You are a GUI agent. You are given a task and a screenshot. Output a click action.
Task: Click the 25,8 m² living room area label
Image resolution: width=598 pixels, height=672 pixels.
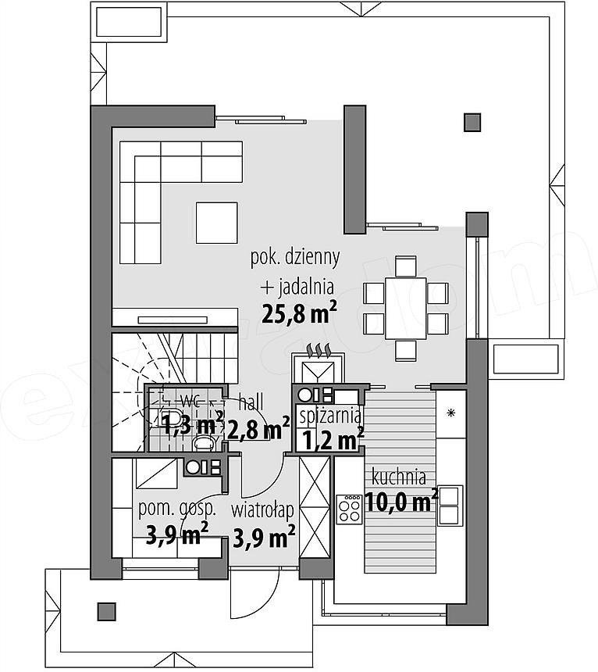click(299, 313)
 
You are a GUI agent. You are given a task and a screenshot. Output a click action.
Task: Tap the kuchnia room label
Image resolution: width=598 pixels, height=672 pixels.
click(398, 477)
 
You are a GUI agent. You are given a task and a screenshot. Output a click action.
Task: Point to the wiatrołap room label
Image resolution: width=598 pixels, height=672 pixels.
click(262, 510)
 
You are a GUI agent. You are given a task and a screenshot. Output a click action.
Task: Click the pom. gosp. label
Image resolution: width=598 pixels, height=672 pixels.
click(176, 509)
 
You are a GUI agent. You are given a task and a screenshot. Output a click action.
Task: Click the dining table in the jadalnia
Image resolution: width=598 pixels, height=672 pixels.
click(405, 308)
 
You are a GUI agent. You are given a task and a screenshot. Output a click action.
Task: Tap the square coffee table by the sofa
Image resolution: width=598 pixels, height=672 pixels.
click(216, 223)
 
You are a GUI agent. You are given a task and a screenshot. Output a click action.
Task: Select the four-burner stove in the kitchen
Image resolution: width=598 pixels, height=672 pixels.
click(349, 509)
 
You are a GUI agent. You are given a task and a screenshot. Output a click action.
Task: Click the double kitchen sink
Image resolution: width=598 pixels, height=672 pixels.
click(450, 506)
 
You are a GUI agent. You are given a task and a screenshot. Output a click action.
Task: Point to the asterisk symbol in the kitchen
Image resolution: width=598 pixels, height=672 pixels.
click(450, 413)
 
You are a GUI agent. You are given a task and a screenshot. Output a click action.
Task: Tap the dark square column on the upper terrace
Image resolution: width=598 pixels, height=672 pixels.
click(472, 122)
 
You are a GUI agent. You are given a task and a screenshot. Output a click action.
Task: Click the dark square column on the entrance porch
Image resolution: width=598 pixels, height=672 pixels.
click(107, 612)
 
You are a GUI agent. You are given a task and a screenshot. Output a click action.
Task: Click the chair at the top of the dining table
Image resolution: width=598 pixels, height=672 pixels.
click(406, 266)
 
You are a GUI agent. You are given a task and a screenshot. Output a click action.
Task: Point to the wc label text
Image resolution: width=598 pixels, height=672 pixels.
click(190, 402)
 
